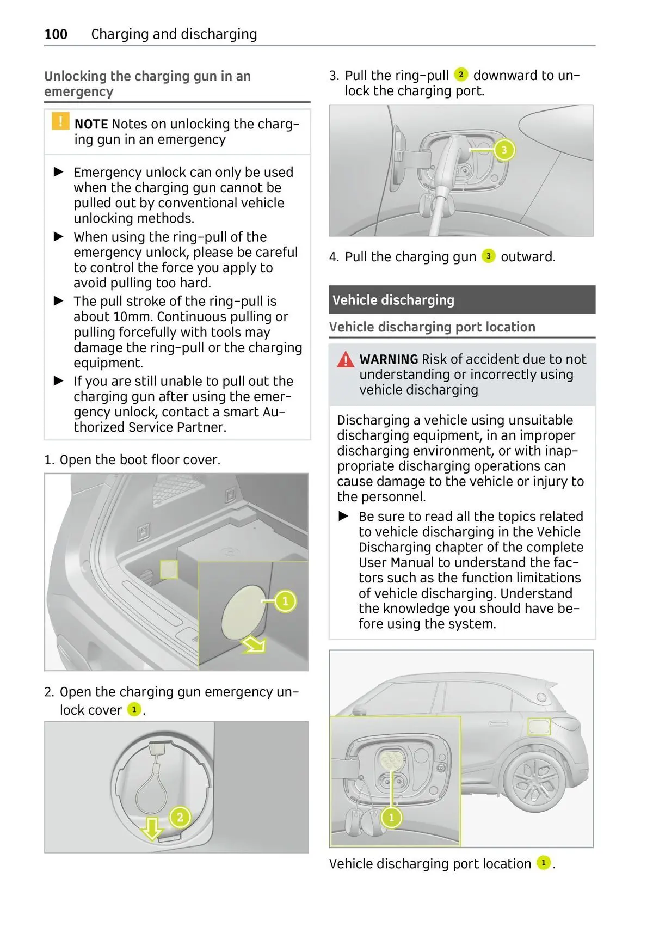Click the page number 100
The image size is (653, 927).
pos(56,34)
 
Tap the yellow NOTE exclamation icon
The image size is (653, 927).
pos(60,121)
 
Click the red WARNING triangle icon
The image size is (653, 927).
pos(345,360)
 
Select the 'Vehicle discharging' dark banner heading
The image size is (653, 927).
pos(393,300)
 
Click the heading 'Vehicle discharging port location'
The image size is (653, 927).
pos(432,327)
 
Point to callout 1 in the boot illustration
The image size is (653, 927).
pos(285,601)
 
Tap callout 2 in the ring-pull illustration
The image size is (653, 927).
pos(180,817)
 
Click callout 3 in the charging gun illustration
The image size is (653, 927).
pos(504,150)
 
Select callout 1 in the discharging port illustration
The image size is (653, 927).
pos(391,817)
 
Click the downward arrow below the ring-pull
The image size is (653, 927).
pos(152,828)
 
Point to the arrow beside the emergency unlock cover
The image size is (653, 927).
pos(254,645)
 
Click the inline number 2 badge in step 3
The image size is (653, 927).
pos(460,75)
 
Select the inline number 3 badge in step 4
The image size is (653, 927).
pos(488,256)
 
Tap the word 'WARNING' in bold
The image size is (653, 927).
pos(389,359)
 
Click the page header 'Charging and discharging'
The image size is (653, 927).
pos(174,34)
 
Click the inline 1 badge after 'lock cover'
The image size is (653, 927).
pos(133,709)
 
